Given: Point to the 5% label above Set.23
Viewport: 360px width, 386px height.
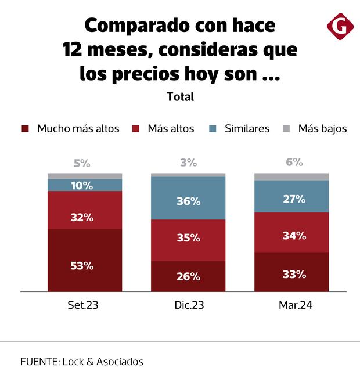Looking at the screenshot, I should tap(82, 163).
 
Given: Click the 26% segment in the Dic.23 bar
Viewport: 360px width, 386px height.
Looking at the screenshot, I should tap(188, 276).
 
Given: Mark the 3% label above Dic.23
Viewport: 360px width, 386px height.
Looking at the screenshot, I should tap(188, 163).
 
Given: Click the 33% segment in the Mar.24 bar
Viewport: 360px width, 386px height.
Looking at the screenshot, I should tap(291, 272).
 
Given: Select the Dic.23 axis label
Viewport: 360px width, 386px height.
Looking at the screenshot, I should tap(188, 304).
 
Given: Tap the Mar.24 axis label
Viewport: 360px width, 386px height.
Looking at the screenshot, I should tap(291, 304).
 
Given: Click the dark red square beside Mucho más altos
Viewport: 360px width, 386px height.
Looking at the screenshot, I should tap(25, 129).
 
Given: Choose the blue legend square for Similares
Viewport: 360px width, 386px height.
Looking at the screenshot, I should tap(213, 129).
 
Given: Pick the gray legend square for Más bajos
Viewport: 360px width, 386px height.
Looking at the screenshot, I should tap(287, 129).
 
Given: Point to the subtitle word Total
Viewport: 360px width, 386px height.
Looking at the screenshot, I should tap(180, 97).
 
